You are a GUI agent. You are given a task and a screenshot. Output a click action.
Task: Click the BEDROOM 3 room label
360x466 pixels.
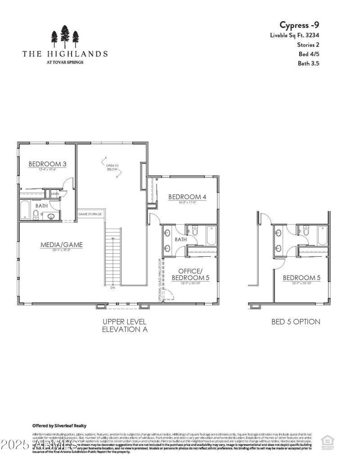click(x=47, y=164)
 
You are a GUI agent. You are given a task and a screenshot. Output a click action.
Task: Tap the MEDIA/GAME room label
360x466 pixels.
click(x=62, y=245)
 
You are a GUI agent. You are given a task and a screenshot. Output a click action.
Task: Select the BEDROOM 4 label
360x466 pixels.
click(x=187, y=197)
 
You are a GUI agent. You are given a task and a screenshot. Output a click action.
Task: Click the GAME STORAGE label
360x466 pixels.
click(x=90, y=214)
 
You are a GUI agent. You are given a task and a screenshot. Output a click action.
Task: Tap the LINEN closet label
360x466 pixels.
click(x=55, y=194)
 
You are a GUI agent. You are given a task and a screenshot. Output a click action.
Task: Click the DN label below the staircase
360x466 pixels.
click(x=112, y=288)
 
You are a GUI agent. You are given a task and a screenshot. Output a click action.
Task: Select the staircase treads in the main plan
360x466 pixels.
click(x=113, y=256)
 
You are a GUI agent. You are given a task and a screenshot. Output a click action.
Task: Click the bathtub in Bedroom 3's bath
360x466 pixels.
click(x=25, y=210)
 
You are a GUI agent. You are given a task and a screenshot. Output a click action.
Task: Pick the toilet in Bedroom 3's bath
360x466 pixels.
click(x=36, y=214)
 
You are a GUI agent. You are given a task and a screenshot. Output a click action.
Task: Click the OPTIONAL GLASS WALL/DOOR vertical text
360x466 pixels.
click(x=159, y=279)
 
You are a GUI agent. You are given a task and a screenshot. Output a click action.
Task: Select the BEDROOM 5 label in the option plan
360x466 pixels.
click(x=301, y=278)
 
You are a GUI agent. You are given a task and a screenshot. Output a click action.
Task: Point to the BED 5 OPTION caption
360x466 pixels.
click(x=296, y=322)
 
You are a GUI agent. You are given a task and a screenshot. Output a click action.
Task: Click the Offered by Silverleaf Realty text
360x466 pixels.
click(x=59, y=426)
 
